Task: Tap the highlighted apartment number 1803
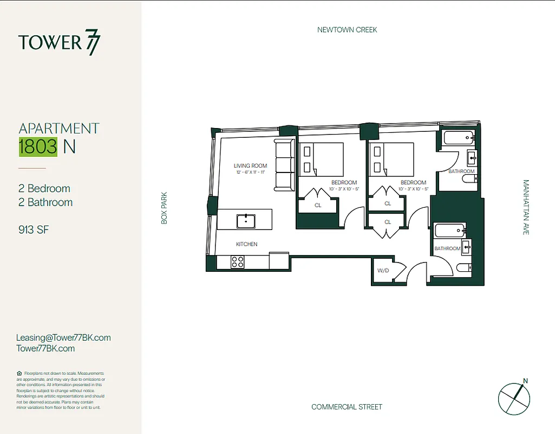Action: click(x=38, y=147)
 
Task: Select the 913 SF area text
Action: click(x=34, y=229)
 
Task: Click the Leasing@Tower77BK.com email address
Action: click(x=63, y=337)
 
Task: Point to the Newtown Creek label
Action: click(x=347, y=30)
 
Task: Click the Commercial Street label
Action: click(x=347, y=407)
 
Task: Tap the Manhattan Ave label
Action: click(x=526, y=207)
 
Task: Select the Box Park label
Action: click(x=164, y=208)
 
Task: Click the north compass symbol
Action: click(x=514, y=396)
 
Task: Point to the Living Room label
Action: click(x=251, y=166)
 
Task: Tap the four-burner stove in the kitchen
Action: click(x=237, y=262)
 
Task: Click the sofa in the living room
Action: click(x=284, y=164)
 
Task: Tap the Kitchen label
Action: click(x=246, y=244)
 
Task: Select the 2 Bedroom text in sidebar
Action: click(x=44, y=189)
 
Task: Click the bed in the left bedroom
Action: click(x=322, y=159)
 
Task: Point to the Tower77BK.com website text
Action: click(x=45, y=349)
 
